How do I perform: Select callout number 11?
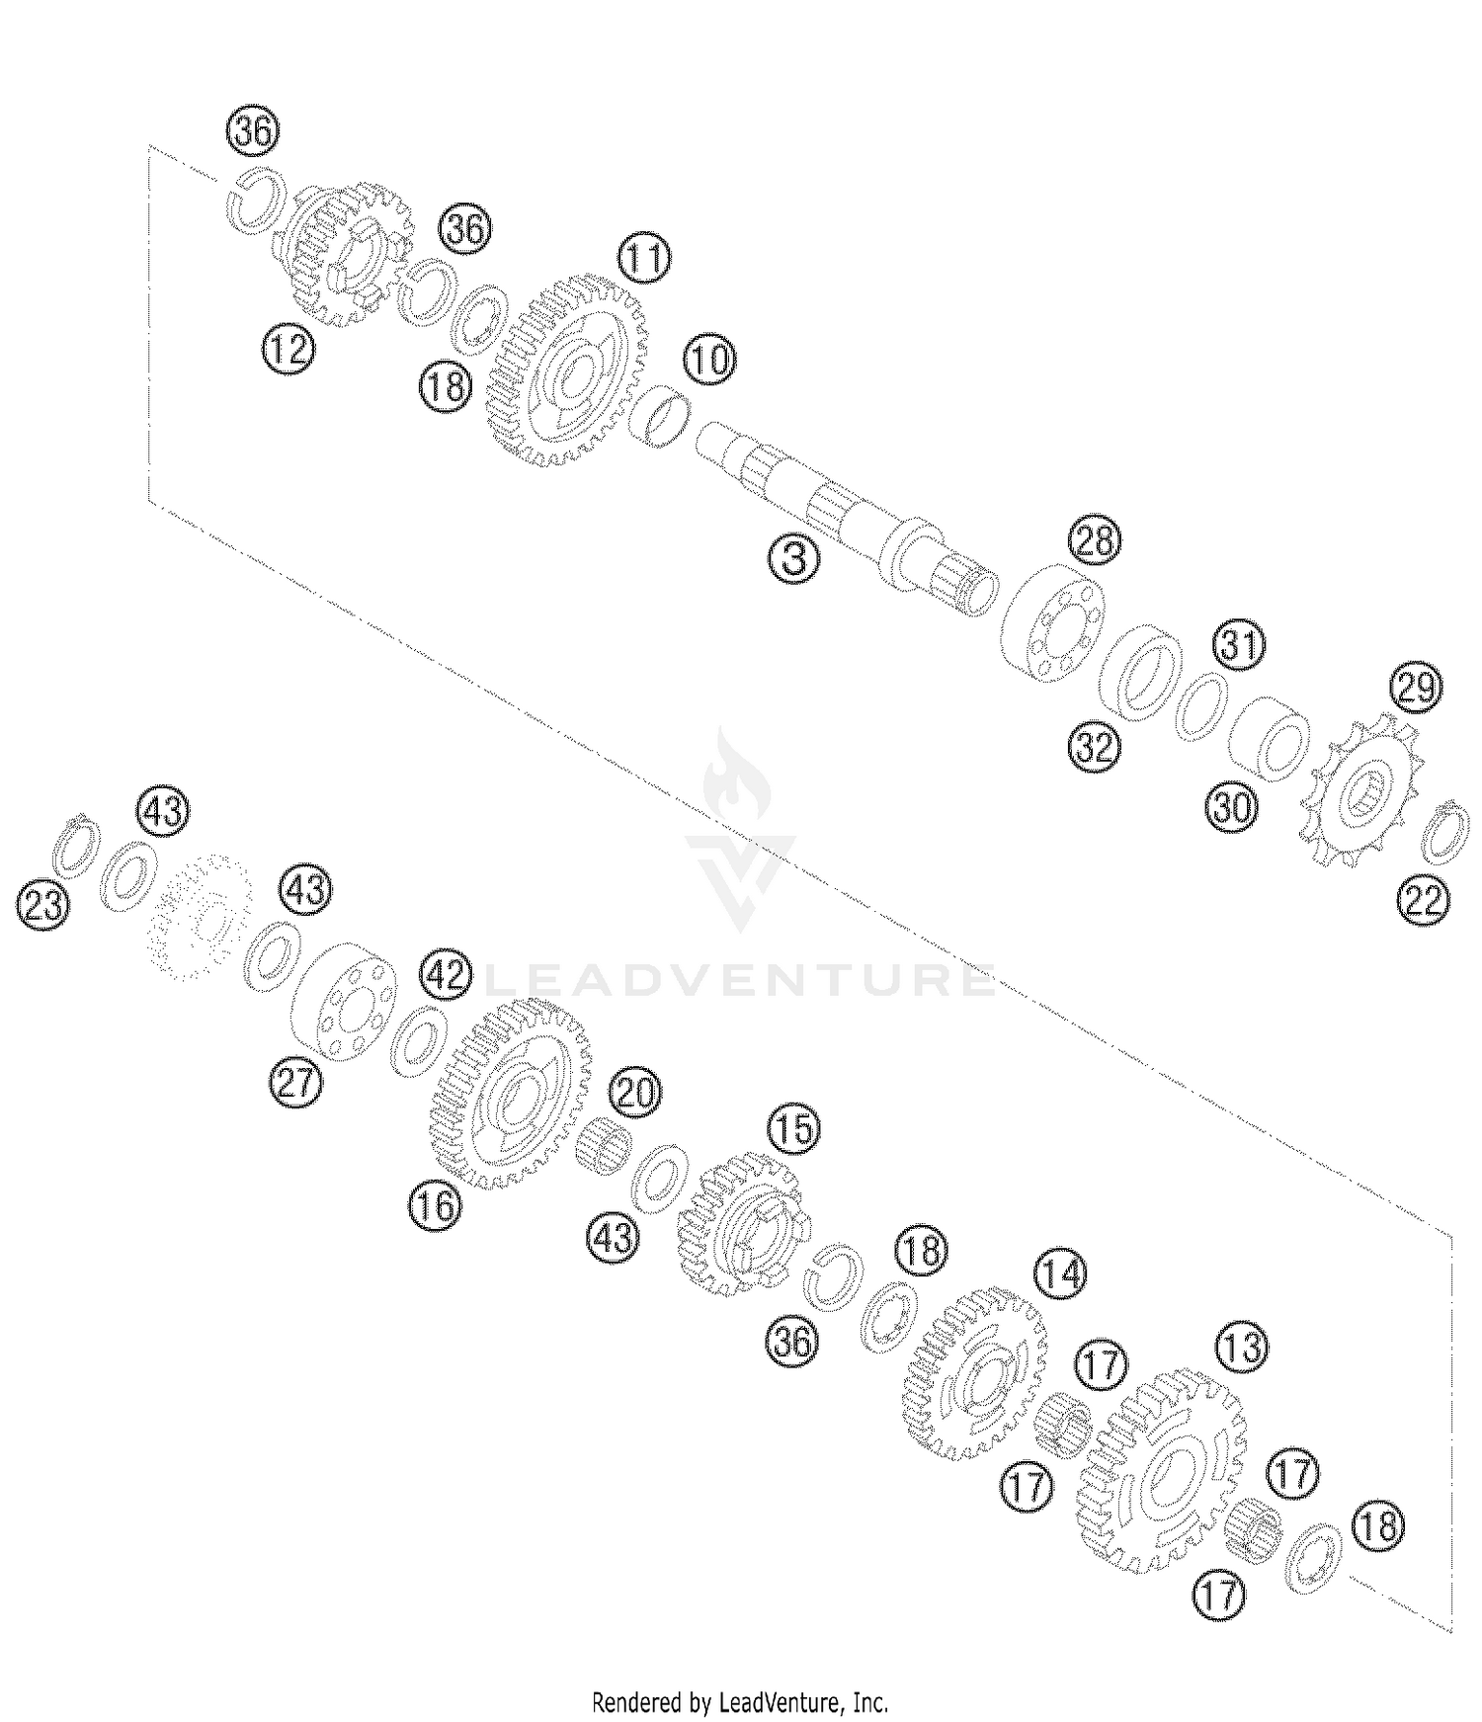[x=643, y=259]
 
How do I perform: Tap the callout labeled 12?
[x=288, y=350]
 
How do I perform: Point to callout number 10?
[x=709, y=361]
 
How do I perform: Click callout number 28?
[x=1095, y=540]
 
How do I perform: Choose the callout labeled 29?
[x=1416, y=687]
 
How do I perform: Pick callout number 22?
[x=1424, y=901]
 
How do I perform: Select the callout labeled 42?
[x=444, y=976]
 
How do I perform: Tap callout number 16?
[x=436, y=1205]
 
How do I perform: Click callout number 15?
[x=794, y=1129]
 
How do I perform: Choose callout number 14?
[x=1060, y=1274]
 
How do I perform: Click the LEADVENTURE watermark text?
[x=741, y=980]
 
